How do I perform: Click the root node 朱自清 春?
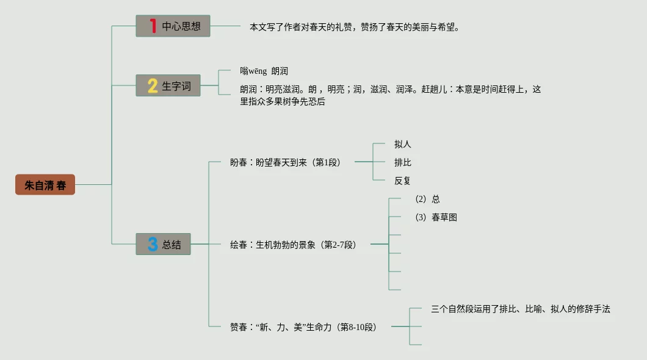pos(45,185)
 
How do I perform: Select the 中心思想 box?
pos(173,26)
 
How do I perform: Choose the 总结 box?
pos(163,244)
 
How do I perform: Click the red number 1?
pos(153,26)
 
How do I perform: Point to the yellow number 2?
pos(152,86)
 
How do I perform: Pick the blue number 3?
pos(152,244)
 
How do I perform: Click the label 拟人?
pos(403,145)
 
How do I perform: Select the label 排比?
pos(403,163)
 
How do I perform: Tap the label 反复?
pos(403,181)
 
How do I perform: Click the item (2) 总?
pos(427,199)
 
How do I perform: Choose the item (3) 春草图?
pos(436,217)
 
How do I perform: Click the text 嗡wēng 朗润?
pos(264,71)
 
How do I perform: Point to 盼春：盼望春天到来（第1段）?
pos(285,163)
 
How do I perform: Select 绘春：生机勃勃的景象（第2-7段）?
pos(293,245)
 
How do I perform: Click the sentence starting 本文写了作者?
pos(354,27)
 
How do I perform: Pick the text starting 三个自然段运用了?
pos(520,309)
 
